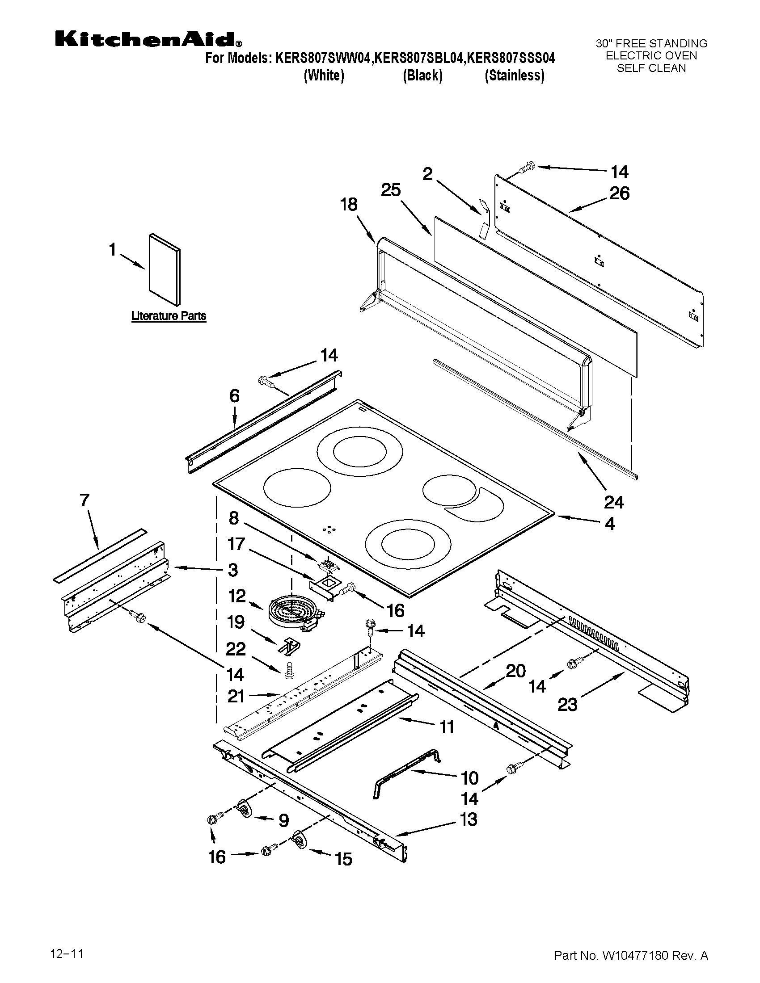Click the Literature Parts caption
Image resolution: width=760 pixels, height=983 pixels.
169,316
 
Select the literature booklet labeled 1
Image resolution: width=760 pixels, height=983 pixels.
165,269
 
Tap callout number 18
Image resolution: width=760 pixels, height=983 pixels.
349,205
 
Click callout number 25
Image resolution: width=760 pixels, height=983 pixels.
390,190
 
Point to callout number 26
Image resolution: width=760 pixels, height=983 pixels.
619,193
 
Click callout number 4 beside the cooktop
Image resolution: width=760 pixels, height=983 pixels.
610,524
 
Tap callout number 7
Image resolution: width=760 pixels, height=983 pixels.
84,500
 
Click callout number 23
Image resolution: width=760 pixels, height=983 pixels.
567,704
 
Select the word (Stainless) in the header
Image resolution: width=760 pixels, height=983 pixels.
514,76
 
